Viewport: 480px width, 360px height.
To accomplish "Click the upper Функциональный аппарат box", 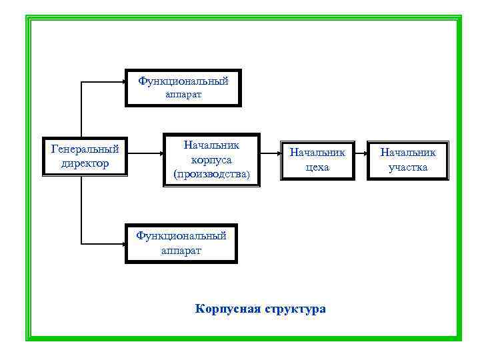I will tap(183, 87).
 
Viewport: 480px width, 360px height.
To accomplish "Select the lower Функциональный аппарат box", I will tap(181, 243).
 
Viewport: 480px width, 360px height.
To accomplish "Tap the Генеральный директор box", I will tap(85, 157).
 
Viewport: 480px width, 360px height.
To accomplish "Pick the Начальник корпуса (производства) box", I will tap(211, 160).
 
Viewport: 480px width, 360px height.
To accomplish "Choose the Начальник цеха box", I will tap(317, 160).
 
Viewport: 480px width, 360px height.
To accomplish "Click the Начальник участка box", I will tap(408, 160).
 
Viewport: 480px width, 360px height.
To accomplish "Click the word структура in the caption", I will tap(295, 309).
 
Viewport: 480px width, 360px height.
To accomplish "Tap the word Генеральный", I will tap(85, 149).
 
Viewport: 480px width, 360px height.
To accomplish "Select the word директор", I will tap(85, 163).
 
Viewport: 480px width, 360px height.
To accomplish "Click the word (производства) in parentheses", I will tap(211, 175).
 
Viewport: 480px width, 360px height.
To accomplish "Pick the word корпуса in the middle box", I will tap(211, 160).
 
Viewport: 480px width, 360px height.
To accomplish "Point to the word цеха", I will tap(317, 167).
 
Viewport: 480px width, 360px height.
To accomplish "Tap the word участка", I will tap(408, 167).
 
